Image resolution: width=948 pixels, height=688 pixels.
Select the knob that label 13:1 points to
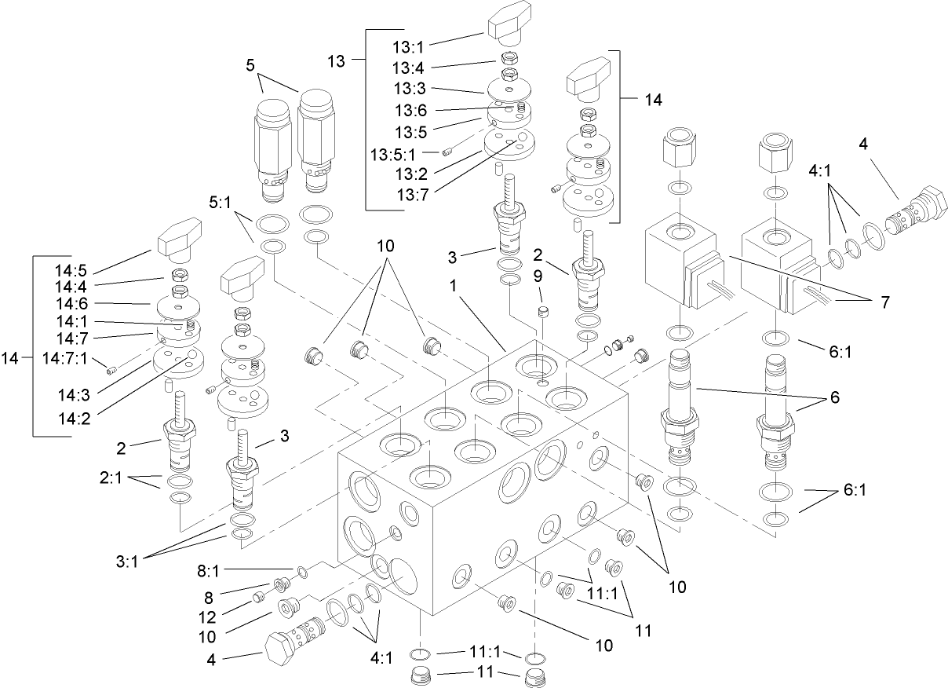pos(510,26)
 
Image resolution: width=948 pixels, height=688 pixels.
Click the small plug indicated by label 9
pos(540,313)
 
